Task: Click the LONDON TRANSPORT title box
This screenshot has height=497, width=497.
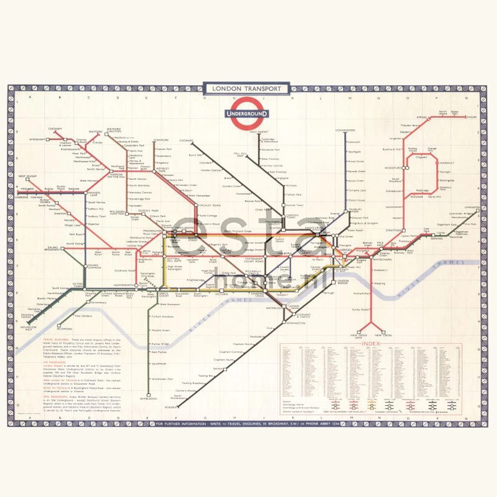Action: (246, 89)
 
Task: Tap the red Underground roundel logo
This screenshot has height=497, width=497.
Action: (247, 113)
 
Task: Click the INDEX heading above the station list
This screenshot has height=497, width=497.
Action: (370, 344)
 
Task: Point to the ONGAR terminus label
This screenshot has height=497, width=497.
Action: (471, 117)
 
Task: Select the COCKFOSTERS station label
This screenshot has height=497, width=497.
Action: (345, 130)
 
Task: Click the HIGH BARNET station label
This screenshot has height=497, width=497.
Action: (259, 132)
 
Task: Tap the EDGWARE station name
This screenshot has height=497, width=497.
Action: (186, 140)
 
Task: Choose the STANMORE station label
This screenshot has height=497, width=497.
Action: (161, 140)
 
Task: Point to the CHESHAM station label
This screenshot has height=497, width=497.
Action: (55, 129)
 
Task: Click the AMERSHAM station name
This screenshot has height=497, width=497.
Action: (37, 139)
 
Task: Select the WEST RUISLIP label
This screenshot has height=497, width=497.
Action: (28, 176)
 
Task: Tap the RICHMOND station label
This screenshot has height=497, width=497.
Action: (64, 329)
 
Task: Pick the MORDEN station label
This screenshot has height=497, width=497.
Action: (171, 407)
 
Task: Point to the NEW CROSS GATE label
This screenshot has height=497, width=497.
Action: (359, 336)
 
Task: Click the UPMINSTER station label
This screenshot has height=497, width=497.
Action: (472, 207)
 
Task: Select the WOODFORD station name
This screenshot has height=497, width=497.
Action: (393, 168)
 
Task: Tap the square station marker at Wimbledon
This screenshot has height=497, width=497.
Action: (148, 395)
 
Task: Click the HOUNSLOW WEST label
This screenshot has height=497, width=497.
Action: (28, 328)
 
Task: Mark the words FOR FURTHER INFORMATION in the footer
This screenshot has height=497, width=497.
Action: (181, 424)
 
